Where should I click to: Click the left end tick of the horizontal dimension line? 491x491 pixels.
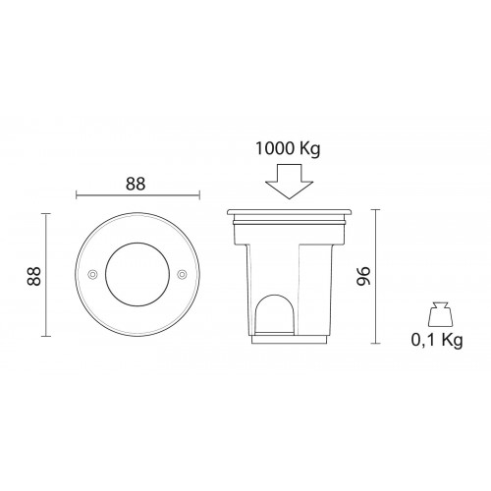[75, 195]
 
